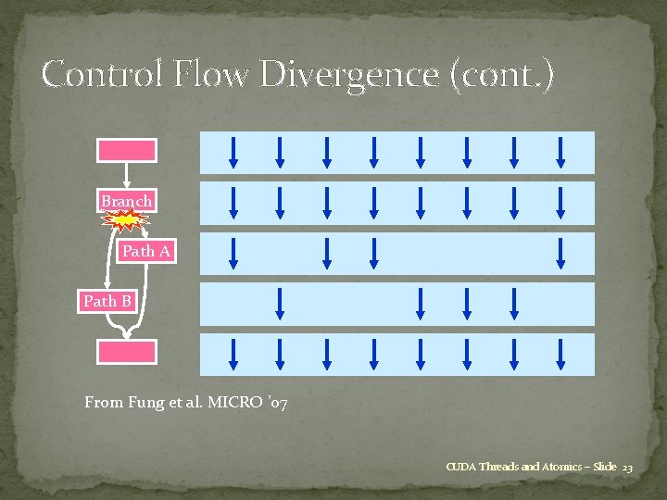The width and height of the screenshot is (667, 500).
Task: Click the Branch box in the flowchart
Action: click(x=127, y=201)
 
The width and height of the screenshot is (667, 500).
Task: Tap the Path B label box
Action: click(x=107, y=301)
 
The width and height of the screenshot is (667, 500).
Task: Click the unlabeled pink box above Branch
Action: click(x=127, y=150)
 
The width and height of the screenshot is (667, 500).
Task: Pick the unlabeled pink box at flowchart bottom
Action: click(x=127, y=351)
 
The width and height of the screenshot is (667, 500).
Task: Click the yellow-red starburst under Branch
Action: click(x=127, y=219)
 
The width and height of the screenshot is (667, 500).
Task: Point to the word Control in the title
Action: click(x=101, y=74)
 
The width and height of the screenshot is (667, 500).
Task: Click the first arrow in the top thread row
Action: click(x=234, y=151)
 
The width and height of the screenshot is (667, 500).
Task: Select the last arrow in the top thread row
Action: click(x=561, y=151)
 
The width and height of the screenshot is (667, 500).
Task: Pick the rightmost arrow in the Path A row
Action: click(x=561, y=252)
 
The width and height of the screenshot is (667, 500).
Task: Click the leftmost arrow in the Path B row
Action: click(x=281, y=302)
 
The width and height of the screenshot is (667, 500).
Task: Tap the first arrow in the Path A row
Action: click(x=234, y=252)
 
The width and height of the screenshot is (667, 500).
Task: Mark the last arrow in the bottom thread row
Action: click(x=561, y=352)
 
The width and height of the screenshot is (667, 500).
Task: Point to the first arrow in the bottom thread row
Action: click(x=234, y=352)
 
